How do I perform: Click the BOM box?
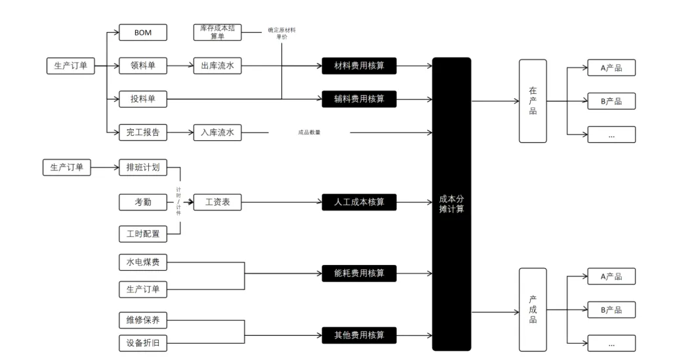143,31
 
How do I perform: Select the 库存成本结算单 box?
217,31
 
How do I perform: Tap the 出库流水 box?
217,66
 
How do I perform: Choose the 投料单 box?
143,99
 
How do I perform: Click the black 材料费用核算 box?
359,66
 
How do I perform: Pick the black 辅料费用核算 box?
359,99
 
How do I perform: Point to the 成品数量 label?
309,132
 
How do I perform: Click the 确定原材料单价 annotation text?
282,33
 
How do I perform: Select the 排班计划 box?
143,167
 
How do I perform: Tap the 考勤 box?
143,203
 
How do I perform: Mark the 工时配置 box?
143,233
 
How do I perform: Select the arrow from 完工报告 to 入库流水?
180,132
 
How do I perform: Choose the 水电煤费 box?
143,264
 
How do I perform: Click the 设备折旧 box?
143,343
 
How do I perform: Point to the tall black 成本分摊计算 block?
451,203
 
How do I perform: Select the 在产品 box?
533,101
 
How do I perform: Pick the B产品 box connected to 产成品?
611,310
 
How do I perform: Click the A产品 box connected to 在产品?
611,68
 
